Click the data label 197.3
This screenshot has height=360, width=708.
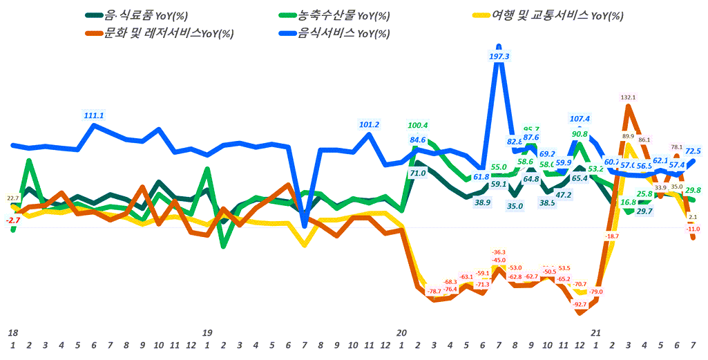click(499, 57)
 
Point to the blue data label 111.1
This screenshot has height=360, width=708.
click(93, 115)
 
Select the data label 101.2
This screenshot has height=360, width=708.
click(369, 125)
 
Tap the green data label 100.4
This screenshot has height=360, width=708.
click(418, 125)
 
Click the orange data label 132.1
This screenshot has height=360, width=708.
click(628, 98)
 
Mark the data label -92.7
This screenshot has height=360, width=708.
click(579, 304)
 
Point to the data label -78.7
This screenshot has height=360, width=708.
click(434, 292)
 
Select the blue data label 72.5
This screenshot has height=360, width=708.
click(693, 151)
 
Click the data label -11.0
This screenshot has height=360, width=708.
click(693, 229)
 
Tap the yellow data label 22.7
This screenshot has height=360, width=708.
click(12, 199)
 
